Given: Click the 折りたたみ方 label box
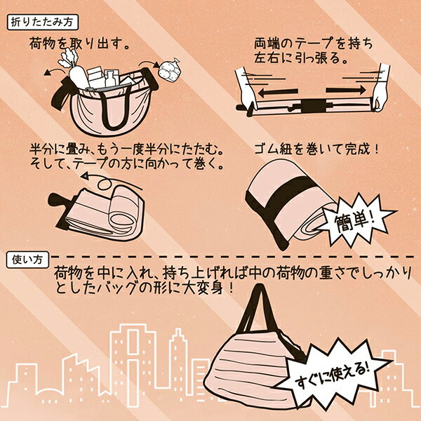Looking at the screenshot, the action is (42, 22).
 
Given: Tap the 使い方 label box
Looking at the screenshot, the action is (27, 260).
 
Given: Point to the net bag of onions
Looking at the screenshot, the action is (168, 69).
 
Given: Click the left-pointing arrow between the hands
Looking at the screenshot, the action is (278, 93).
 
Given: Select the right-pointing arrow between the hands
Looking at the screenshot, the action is (346, 90).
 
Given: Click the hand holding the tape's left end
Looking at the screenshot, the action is (246, 91).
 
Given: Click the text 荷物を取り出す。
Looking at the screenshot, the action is (79, 44).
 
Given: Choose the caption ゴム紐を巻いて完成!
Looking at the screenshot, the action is (317, 149).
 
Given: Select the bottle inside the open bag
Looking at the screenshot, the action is (112, 77).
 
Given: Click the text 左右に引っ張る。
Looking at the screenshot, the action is (301, 58).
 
